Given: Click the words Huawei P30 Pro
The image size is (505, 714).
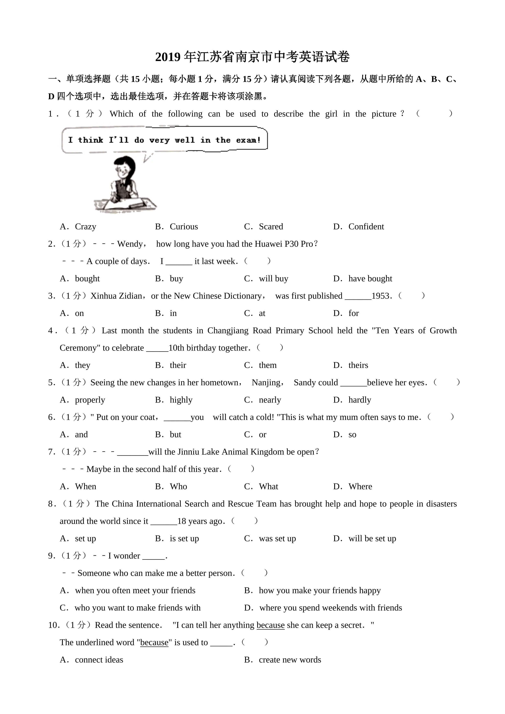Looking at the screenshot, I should (x=284, y=244).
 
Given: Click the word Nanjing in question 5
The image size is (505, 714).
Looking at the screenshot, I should (x=266, y=383).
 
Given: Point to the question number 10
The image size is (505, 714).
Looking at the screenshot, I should (x=53, y=625).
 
